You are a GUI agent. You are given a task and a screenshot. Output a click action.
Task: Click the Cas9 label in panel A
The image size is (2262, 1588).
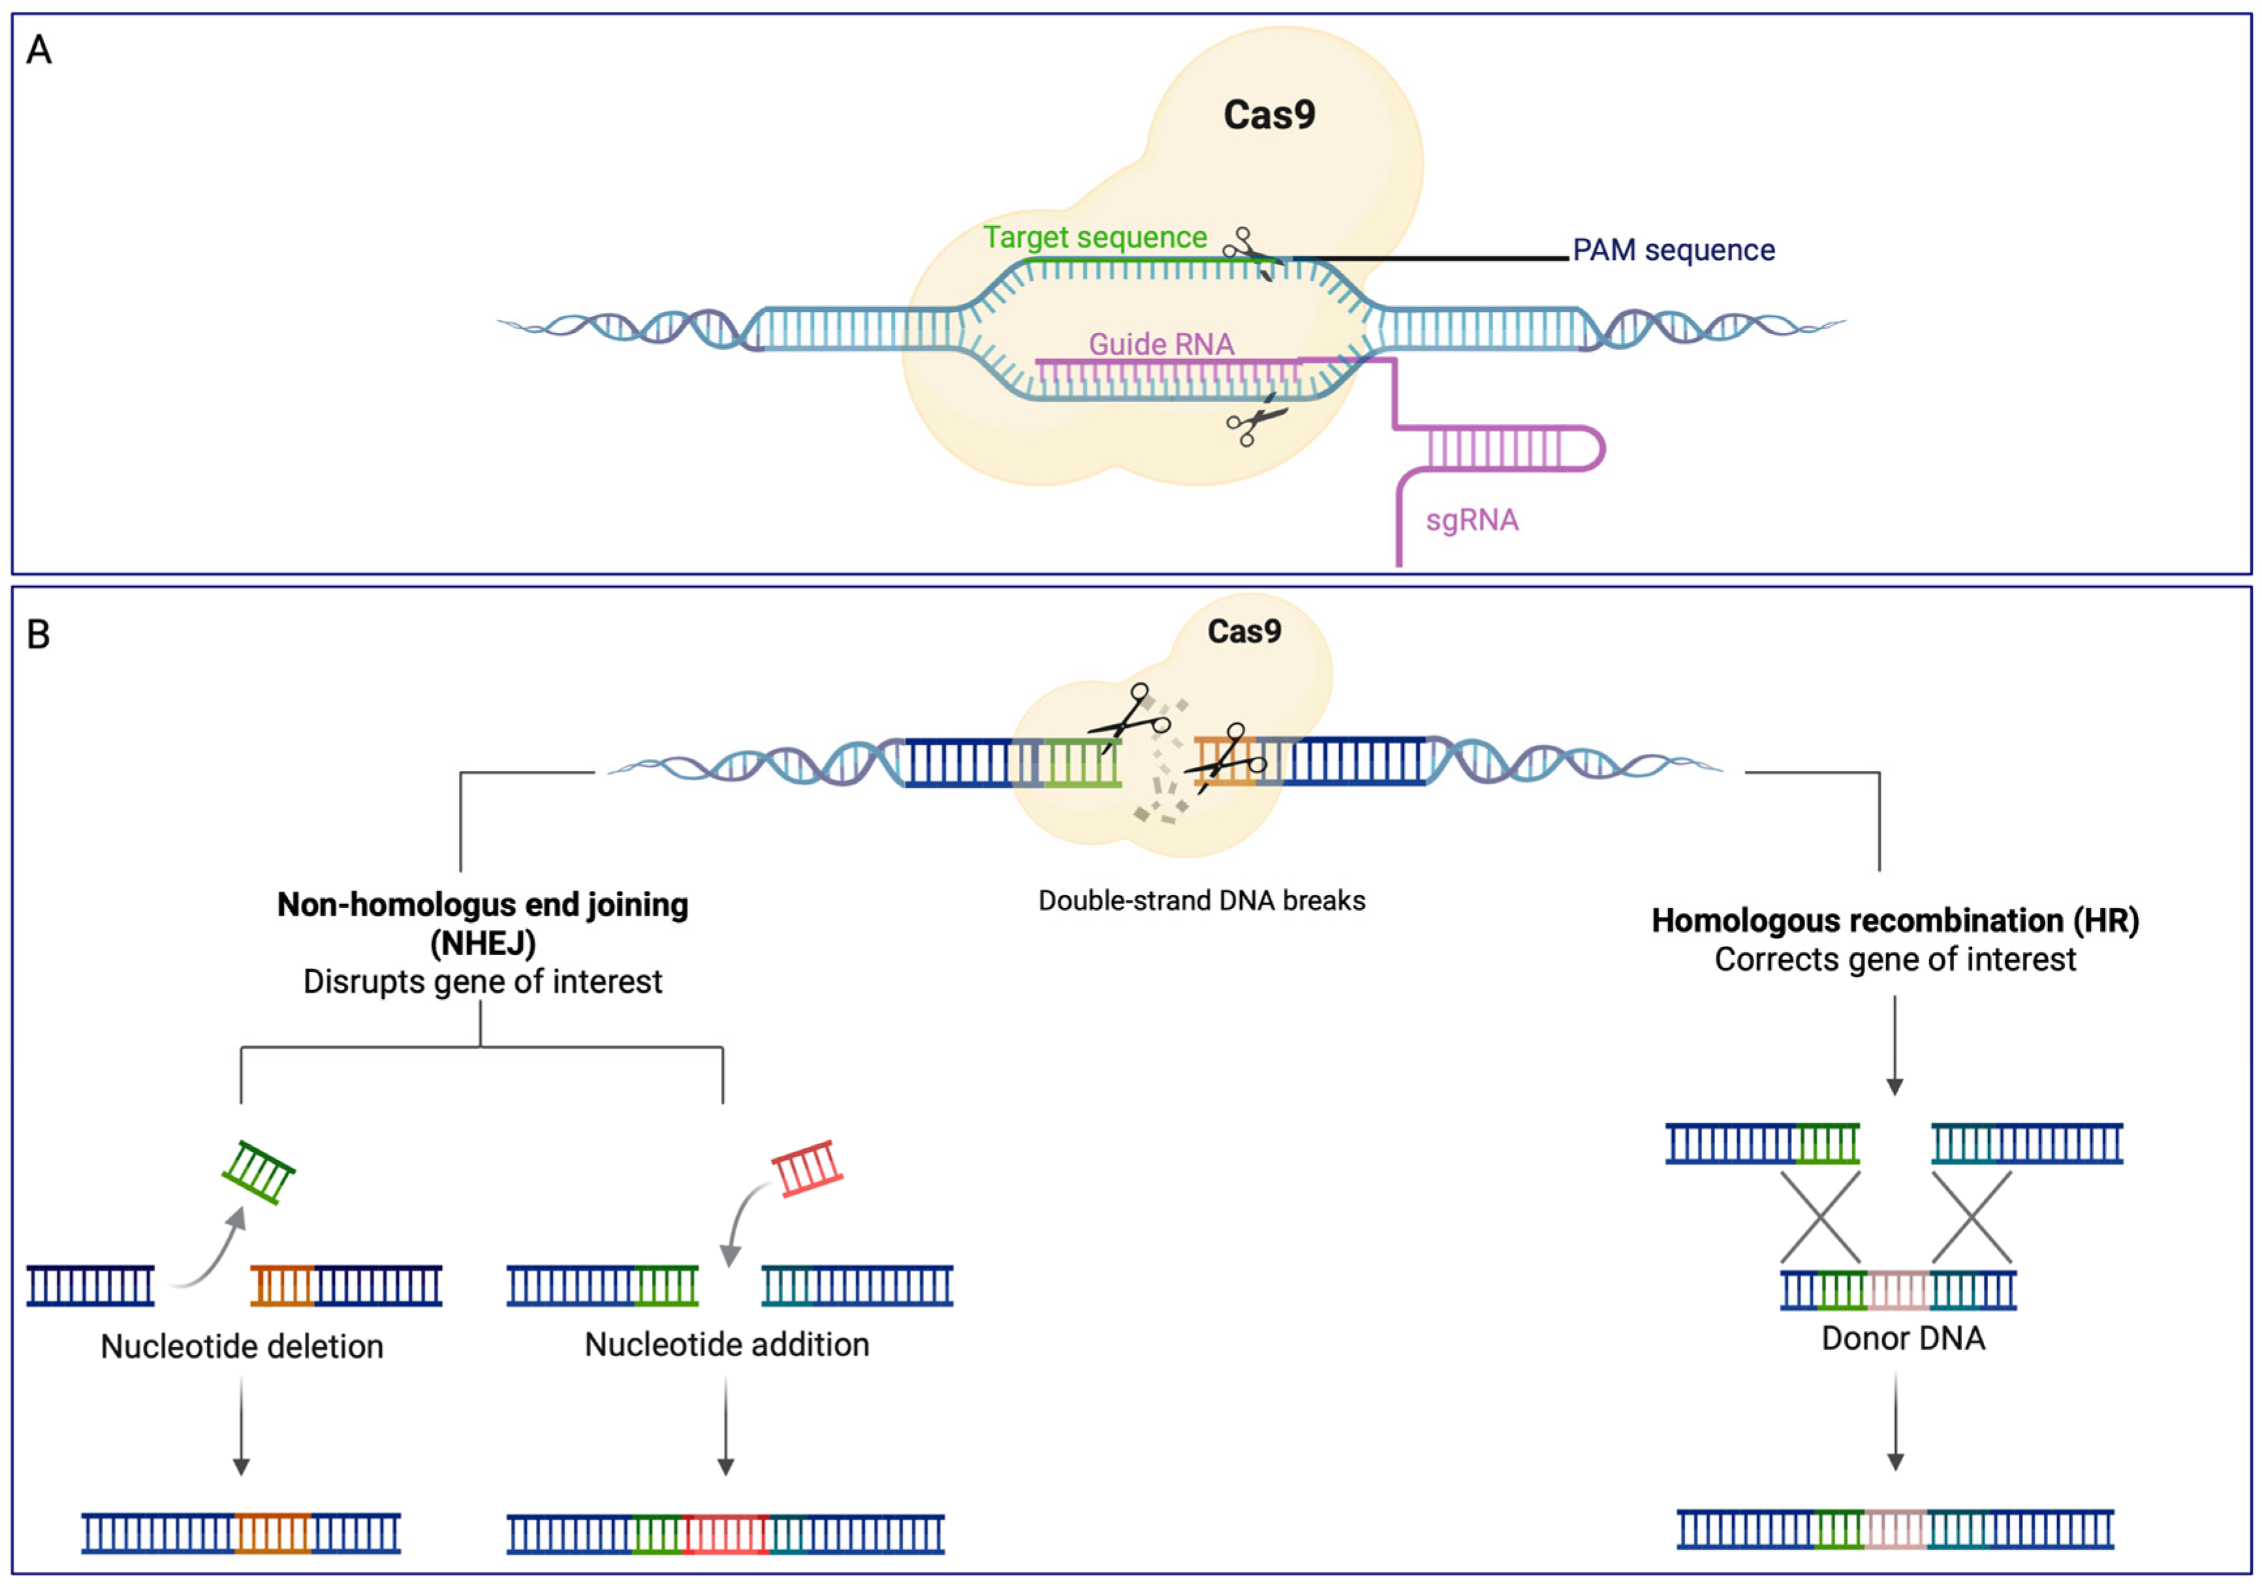[1269, 116]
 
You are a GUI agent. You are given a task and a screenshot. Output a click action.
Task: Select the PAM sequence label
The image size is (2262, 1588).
[1673, 250]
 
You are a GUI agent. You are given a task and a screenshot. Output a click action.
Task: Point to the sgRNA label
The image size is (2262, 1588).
[1472, 520]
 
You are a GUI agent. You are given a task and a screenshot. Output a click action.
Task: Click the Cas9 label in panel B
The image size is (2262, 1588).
[1245, 631]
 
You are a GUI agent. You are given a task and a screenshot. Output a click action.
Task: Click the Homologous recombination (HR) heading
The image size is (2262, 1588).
[1895, 920]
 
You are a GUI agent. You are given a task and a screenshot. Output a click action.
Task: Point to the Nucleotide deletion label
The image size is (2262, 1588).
[242, 1346]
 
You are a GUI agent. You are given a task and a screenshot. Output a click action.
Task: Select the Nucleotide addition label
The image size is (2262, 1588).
[727, 1344]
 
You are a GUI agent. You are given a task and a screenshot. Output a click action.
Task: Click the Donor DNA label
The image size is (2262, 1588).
[1904, 1338]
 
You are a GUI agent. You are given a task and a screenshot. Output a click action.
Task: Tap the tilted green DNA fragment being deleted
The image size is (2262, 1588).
[258, 1172]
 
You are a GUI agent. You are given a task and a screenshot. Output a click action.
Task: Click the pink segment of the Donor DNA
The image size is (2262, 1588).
[1897, 1290]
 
